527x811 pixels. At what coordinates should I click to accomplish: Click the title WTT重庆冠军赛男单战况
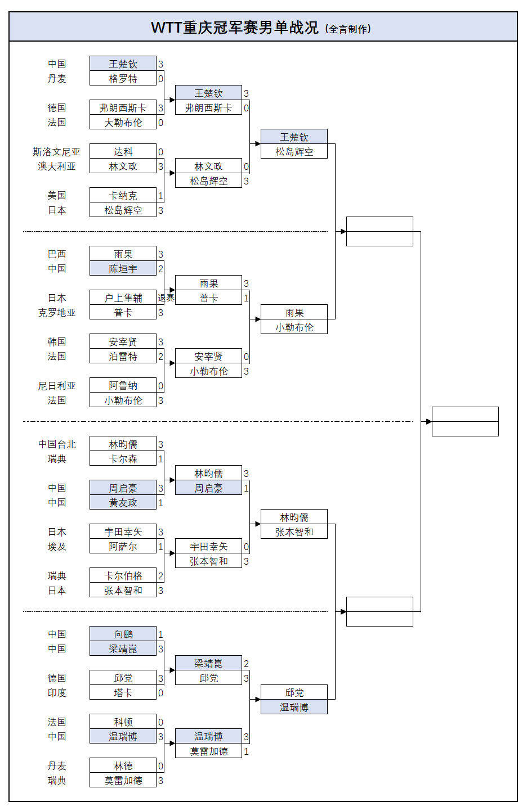click(234, 28)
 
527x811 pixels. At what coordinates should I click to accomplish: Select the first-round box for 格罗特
click(123, 79)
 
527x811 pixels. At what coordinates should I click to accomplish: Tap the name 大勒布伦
click(123, 123)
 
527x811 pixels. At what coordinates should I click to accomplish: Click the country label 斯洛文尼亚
click(56, 152)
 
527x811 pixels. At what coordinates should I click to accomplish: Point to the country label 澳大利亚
click(56, 166)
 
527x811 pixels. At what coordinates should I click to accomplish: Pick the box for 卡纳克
click(123, 196)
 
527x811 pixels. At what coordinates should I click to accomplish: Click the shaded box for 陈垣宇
click(123, 269)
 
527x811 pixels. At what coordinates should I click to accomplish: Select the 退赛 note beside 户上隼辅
click(166, 298)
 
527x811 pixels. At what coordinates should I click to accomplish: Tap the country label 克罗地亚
click(56, 313)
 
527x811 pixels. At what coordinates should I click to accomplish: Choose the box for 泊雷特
click(123, 357)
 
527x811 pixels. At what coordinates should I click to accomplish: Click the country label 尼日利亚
click(56, 386)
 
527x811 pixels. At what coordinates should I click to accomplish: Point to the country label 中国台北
click(56, 444)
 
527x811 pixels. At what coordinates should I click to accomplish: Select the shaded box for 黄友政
click(123, 503)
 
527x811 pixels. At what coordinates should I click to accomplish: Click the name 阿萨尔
click(123, 547)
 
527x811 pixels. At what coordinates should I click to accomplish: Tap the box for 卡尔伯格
click(123, 576)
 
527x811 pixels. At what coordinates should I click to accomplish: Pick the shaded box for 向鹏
click(123, 634)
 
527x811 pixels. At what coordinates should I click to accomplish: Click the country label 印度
click(56, 693)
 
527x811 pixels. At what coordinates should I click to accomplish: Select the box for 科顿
click(123, 722)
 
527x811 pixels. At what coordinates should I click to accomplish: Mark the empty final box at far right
click(465, 421)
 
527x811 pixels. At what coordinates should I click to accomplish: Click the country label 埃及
click(56, 547)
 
